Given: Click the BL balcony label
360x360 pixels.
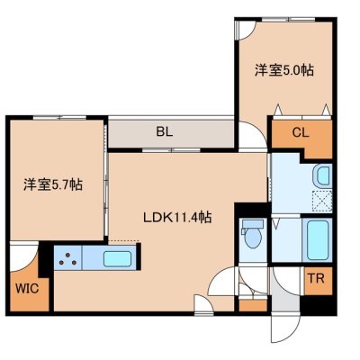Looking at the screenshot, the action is pyautogui.click(x=165, y=132).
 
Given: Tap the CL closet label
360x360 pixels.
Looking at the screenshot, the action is pyautogui.click(x=301, y=132).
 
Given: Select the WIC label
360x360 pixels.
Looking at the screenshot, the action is pyautogui.click(x=27, y=289).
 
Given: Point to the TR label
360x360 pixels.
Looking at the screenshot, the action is pyautogui.click(x=317, y=279).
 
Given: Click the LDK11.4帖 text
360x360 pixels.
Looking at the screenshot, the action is pyautogui.click(x=177, y=217).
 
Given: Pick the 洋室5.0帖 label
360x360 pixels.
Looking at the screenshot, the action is pyautogui.click(x=284, y=70).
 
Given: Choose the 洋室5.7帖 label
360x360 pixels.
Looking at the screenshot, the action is pyautogui.click(x=53, y=184).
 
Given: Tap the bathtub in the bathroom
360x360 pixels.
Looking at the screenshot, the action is pyautogui.click(x=317, y=240).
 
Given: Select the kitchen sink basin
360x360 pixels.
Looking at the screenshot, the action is pyautogui.click(x=117, y=259).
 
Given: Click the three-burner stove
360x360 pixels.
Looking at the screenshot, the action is pyautogui.click(x=68, y=258).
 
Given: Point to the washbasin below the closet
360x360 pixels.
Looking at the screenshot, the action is pyautogui.click(x=322, y=175).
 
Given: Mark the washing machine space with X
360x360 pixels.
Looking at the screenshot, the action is pyautogui.click(x=322, y=200).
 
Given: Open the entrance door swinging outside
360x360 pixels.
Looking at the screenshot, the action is pyautogui.click(x=285, y=328).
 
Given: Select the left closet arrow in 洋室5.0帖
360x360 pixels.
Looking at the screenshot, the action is pyautogui.click(x=278, y=110).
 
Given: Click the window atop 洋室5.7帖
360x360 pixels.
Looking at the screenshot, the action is pyautogui.click(x=59, y=117).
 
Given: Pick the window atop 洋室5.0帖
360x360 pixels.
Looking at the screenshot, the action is pyautogui.click(x=288, y=20).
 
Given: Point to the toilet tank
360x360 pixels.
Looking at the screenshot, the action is pyautogui.click(x=252, y=223).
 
